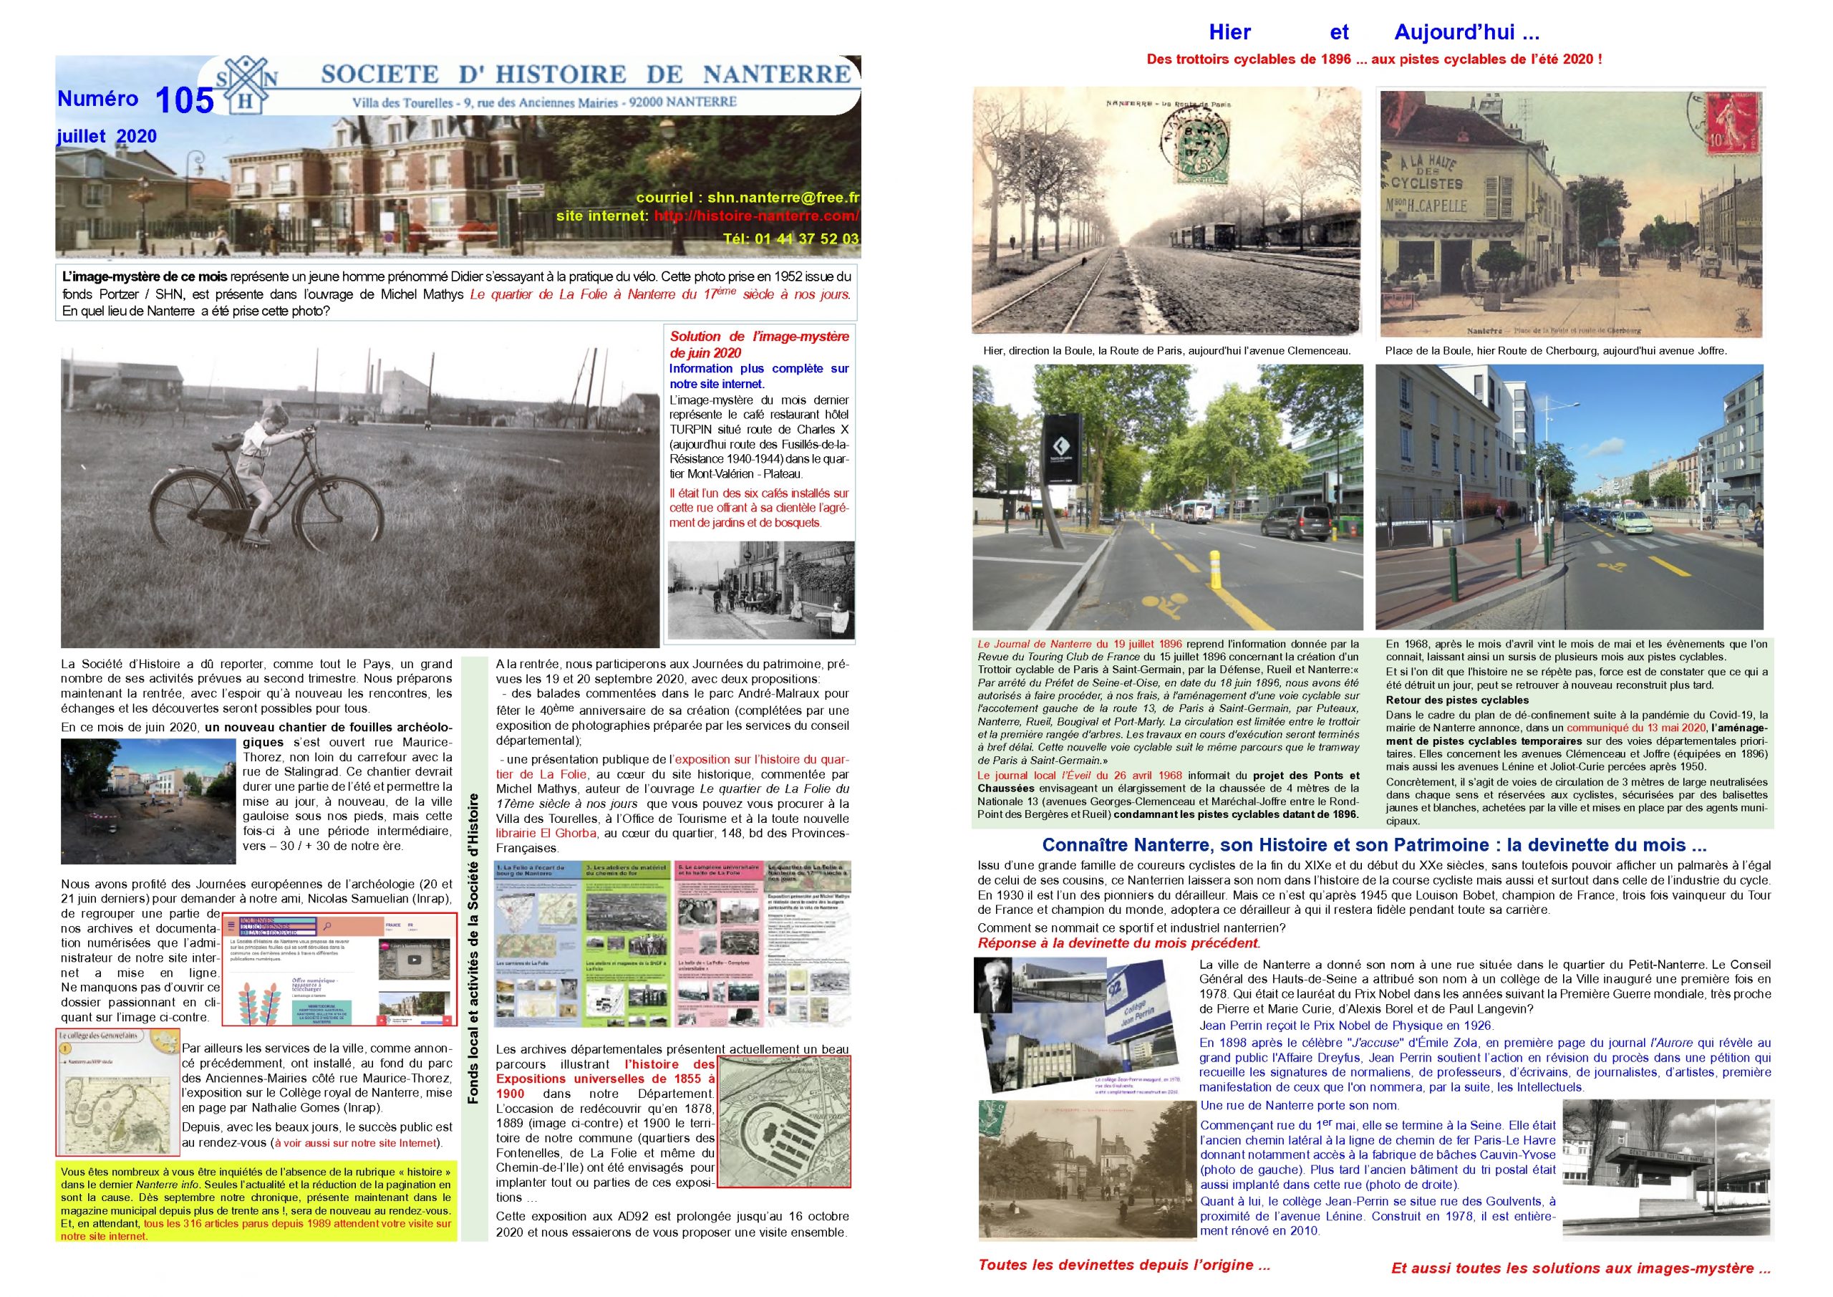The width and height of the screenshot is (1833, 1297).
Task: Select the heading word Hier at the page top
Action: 1229,33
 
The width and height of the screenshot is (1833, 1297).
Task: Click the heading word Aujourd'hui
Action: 1466,33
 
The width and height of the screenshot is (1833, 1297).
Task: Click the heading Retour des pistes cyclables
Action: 1446,700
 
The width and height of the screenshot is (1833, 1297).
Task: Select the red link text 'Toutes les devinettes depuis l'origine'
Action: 1123,1264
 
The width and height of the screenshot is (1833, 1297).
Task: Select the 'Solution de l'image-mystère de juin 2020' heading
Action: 759,344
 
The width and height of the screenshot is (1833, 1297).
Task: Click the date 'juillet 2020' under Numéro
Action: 106,137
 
